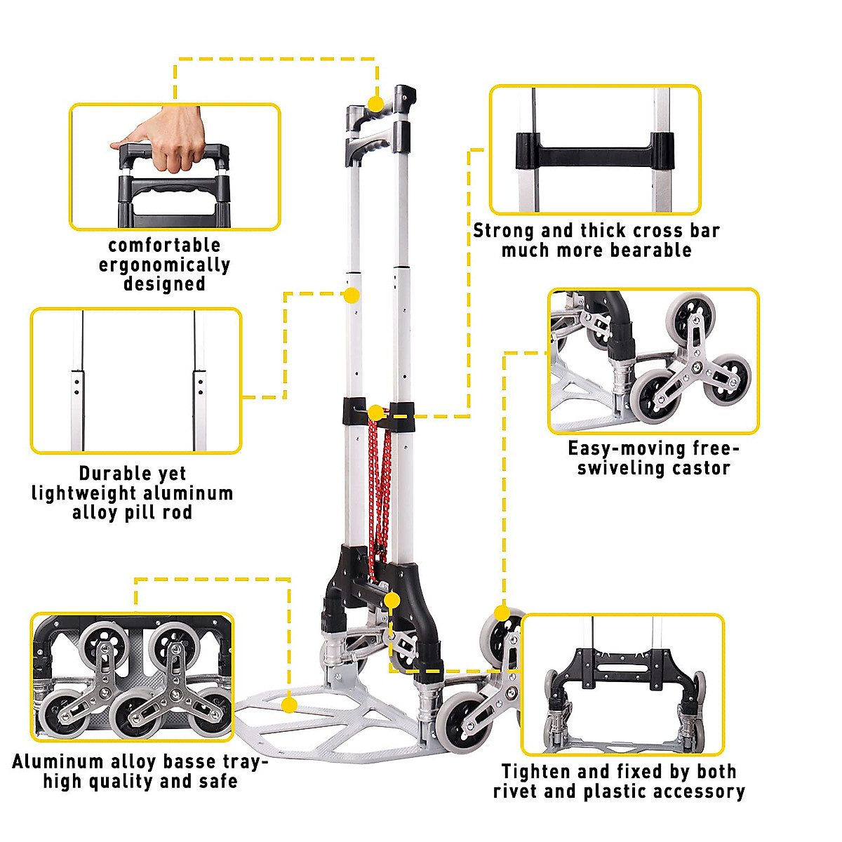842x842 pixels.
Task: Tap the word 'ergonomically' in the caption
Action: pyautogui.click(x=164, y=265)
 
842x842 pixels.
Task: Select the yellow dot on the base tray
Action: pyautogui.click(x=288, y=704)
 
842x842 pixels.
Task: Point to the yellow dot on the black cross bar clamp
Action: pyautogui.click(x=376, y=413)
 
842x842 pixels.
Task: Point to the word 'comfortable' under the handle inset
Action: pyautogui.click(x=164, y=245)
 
